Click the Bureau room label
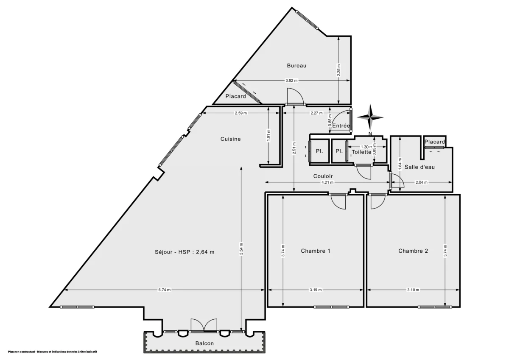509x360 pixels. coord(296,65)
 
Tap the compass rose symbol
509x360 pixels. coord(370,117)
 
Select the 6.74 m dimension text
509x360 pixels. coord(165,290)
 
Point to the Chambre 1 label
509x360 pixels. coord(316,251)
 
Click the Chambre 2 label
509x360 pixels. coord(413,251)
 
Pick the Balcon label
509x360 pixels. coord(204,343)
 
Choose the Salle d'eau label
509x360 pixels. coord(420,167)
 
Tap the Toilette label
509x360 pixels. coord(361,152)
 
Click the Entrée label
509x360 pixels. coord(341,126)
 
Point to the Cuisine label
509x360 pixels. coord(230,139)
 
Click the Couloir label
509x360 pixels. coord(323,176)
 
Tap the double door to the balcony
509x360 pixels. coord(204,326)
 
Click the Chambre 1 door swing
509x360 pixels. coord(338,202)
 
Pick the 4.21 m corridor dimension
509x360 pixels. coord(327,182)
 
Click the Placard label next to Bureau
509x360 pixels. coord(235,96)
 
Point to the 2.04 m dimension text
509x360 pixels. coord(421,182)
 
